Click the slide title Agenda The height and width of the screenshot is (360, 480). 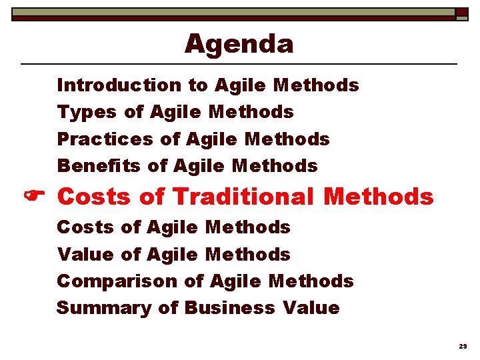click(239, 44)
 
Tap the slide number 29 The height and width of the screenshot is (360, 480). click(463, 347)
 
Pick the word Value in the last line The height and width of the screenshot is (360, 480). click(311, 308)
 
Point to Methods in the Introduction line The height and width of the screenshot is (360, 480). click(316, 85)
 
